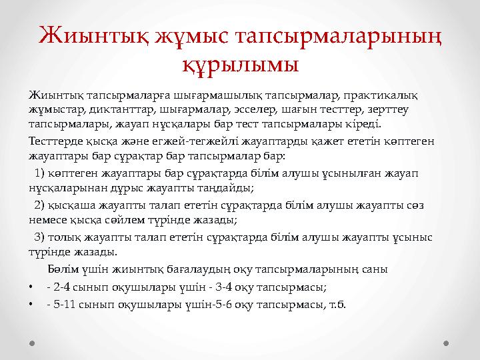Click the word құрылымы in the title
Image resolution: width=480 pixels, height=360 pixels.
coord(240,66)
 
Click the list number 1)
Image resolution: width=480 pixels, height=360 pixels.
coord(39,173)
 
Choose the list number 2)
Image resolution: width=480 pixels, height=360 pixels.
coord(39,205)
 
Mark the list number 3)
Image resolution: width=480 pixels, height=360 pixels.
coord(39,237)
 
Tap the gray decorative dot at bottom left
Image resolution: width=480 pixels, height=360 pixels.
coord(32,344)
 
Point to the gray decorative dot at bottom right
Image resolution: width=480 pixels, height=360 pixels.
coord(447,344)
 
